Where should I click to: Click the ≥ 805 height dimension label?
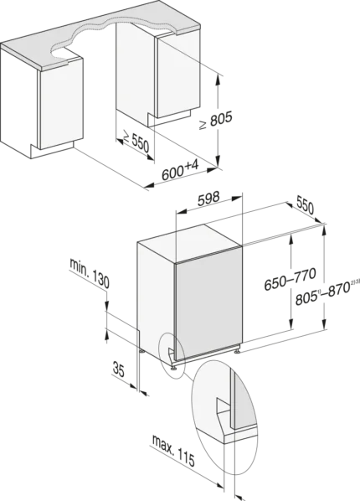pyautogui.click(x=216, y=120)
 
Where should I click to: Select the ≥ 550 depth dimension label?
pyautogui.click(x=136, y=142)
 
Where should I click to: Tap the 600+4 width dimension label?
pyautogui.click(x=181, y=171)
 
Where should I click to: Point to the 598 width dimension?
pyautogui.click(x=208, y=199)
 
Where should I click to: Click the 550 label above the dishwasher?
pyautogui.click(x=305, y=205)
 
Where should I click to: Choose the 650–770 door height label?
pyautogui.click(x=291, y=279)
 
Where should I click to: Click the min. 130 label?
pyautogui.click(x=90, y=274)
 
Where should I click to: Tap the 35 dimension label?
pyautogui.click(x=119, y=369)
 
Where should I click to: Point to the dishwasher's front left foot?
pyautogui.click(x=174, y=366)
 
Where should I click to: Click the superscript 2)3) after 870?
pyautogui.click(x=355, y=281)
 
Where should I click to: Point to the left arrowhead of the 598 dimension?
pyautogui.click(x=181, y=211)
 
